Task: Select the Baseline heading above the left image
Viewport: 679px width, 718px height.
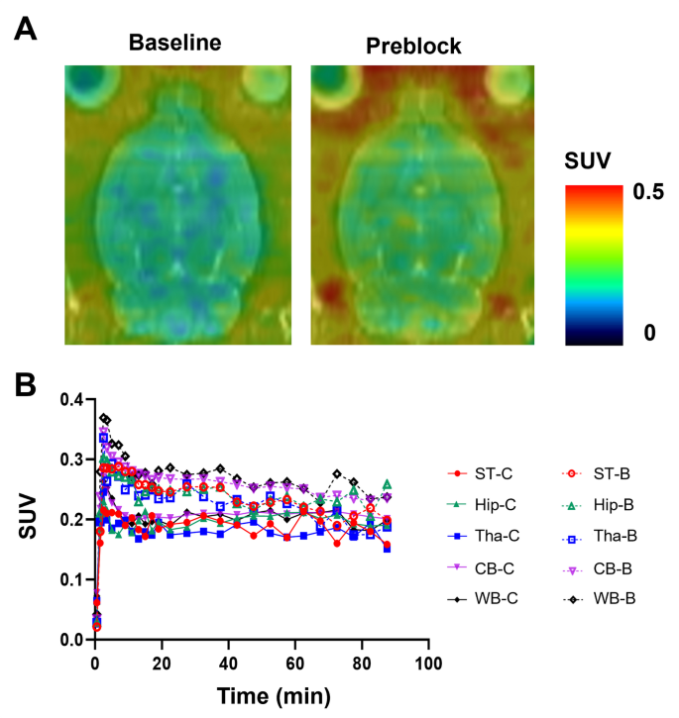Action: point(173,44)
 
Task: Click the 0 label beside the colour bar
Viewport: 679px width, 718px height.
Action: point(649,333)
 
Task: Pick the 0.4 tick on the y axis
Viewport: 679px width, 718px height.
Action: point(70,399)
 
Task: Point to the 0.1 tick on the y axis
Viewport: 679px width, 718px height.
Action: point(70,579)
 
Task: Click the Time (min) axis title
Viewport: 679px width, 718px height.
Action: point(262,695)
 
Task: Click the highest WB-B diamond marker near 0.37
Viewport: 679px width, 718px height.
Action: point(103,418)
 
